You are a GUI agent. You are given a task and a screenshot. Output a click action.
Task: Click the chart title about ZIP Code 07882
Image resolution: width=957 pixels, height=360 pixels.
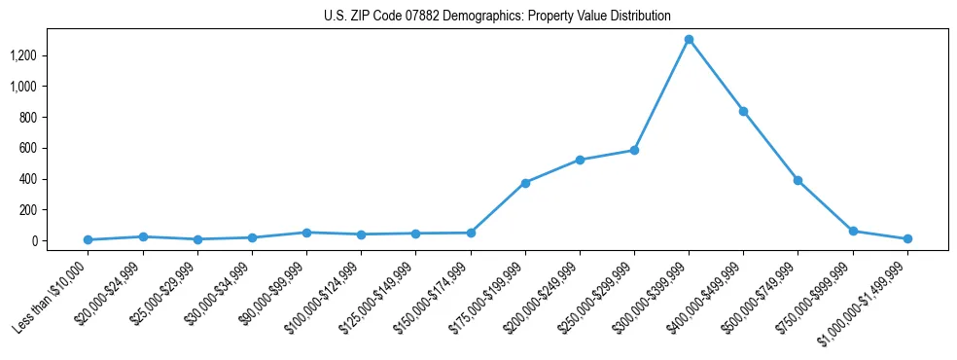(x=497, y=16)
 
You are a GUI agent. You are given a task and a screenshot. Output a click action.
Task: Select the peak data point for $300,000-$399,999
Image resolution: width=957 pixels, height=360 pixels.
(x=689, y=40)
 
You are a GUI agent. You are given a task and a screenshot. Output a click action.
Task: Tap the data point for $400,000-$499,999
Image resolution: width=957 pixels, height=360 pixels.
(x=743, y=111)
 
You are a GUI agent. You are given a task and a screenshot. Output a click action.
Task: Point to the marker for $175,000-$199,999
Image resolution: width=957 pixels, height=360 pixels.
(x=525, y=183)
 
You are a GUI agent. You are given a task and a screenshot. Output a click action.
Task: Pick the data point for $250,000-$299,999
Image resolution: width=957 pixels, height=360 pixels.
(x=634, y=150)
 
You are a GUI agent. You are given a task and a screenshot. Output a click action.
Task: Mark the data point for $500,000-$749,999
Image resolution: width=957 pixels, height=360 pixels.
(x=797, y=180)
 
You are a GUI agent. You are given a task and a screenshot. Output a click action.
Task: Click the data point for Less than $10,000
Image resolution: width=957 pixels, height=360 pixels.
(x=89, y=239)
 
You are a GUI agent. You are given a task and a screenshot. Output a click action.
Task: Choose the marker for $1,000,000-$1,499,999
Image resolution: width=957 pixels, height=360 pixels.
(x=907, y=238)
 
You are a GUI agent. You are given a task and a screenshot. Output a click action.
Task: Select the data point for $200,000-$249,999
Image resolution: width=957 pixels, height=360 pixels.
(x=580, y=160)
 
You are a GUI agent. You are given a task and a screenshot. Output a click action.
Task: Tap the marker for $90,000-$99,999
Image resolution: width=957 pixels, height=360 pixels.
(x=306, y=233)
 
